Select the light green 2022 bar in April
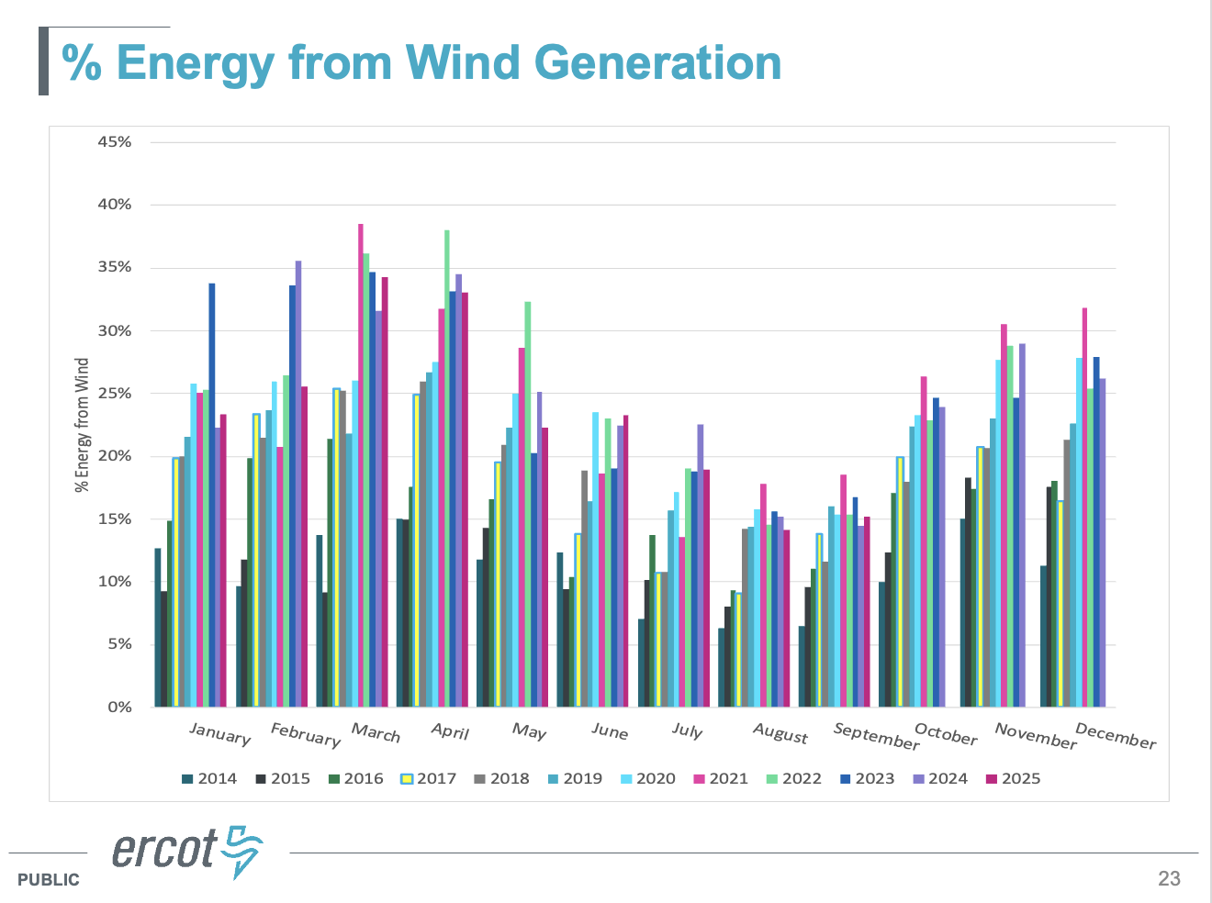447,468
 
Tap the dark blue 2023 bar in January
212,496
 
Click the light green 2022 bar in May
528,504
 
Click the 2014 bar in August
722,667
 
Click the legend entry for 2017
429,778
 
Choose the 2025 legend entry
1013,778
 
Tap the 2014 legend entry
209,778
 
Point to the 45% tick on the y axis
115,142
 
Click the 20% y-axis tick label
115,456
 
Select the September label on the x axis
876,736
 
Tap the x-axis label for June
610,731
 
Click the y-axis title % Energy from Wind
83,425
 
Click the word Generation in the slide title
657,62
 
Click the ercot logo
187,850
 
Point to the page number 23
1169,878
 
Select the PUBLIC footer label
48,880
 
